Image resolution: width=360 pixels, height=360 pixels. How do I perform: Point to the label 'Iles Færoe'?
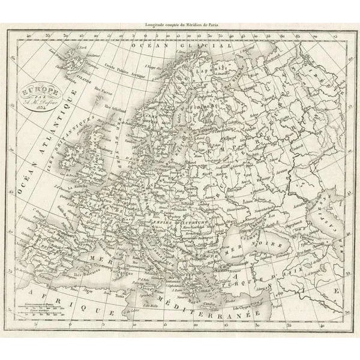[x=104, y=94]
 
